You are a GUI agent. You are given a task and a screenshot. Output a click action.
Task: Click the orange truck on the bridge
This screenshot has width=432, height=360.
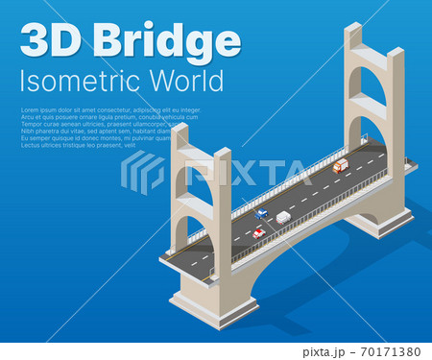[340, 166]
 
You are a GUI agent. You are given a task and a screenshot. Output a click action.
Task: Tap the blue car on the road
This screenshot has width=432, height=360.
[262, 213]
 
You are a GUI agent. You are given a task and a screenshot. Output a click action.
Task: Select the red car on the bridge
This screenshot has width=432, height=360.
[258, 232]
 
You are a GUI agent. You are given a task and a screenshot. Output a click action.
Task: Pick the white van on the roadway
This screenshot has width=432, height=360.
[282, 218]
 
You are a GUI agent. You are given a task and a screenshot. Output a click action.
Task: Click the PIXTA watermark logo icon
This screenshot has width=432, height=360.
[142, 173]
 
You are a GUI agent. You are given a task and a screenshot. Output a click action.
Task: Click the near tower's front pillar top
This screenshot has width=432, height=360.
[222, 156]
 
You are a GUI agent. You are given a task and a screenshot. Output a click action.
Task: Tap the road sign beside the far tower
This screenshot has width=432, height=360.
[363, 138]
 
